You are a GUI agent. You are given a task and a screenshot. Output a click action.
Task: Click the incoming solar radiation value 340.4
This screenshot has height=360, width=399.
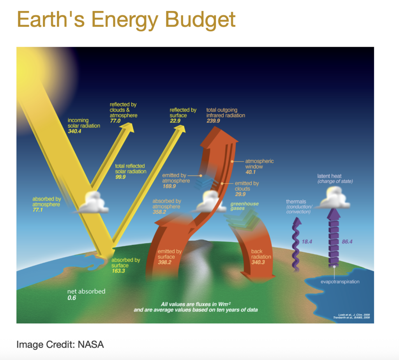74,132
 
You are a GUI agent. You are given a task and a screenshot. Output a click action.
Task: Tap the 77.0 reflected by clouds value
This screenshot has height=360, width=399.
115,121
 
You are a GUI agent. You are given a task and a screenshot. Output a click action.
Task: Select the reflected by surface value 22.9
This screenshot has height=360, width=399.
175,121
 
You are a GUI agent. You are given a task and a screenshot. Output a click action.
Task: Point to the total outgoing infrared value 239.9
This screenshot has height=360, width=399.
214,121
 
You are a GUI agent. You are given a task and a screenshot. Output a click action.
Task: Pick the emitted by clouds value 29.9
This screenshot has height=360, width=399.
240,195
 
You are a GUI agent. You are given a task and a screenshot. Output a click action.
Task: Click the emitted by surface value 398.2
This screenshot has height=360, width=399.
164,263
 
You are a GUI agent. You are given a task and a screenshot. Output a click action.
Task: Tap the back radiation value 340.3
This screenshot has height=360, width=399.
257,263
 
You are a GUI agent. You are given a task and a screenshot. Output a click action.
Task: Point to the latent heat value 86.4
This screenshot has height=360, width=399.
347,242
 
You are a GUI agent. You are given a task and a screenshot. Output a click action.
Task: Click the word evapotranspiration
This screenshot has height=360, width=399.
340,281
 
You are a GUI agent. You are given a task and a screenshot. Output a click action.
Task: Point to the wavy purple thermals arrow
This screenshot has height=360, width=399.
297,242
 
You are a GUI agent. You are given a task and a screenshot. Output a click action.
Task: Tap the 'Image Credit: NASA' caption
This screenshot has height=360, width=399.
60,344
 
